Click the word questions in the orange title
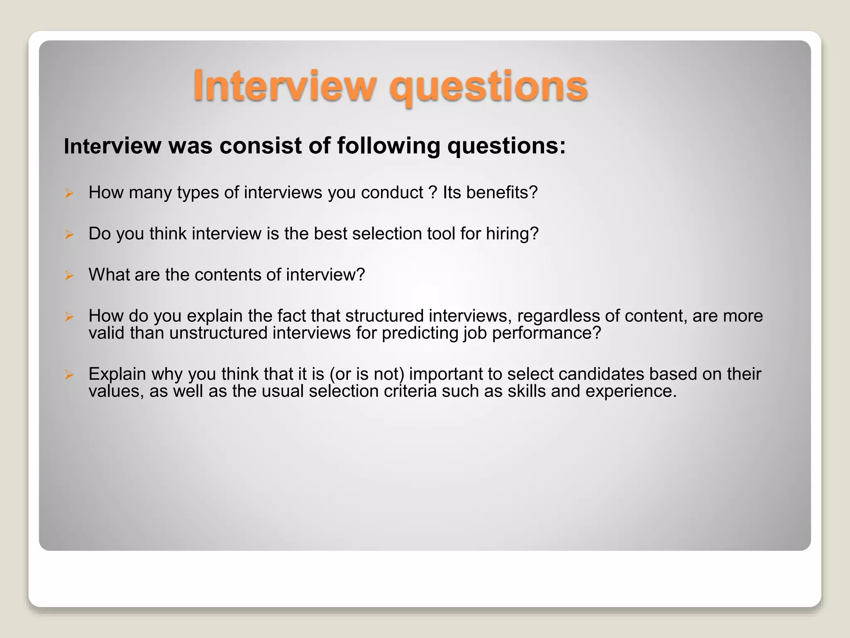click(488, 87)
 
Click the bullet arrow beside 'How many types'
click(69, 193)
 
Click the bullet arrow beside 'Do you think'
click(69, 234)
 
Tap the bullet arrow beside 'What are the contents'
click(69, 275)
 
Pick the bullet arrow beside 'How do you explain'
click(69, 317)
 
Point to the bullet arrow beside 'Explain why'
click(69, 375)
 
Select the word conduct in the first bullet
click(392, 192)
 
